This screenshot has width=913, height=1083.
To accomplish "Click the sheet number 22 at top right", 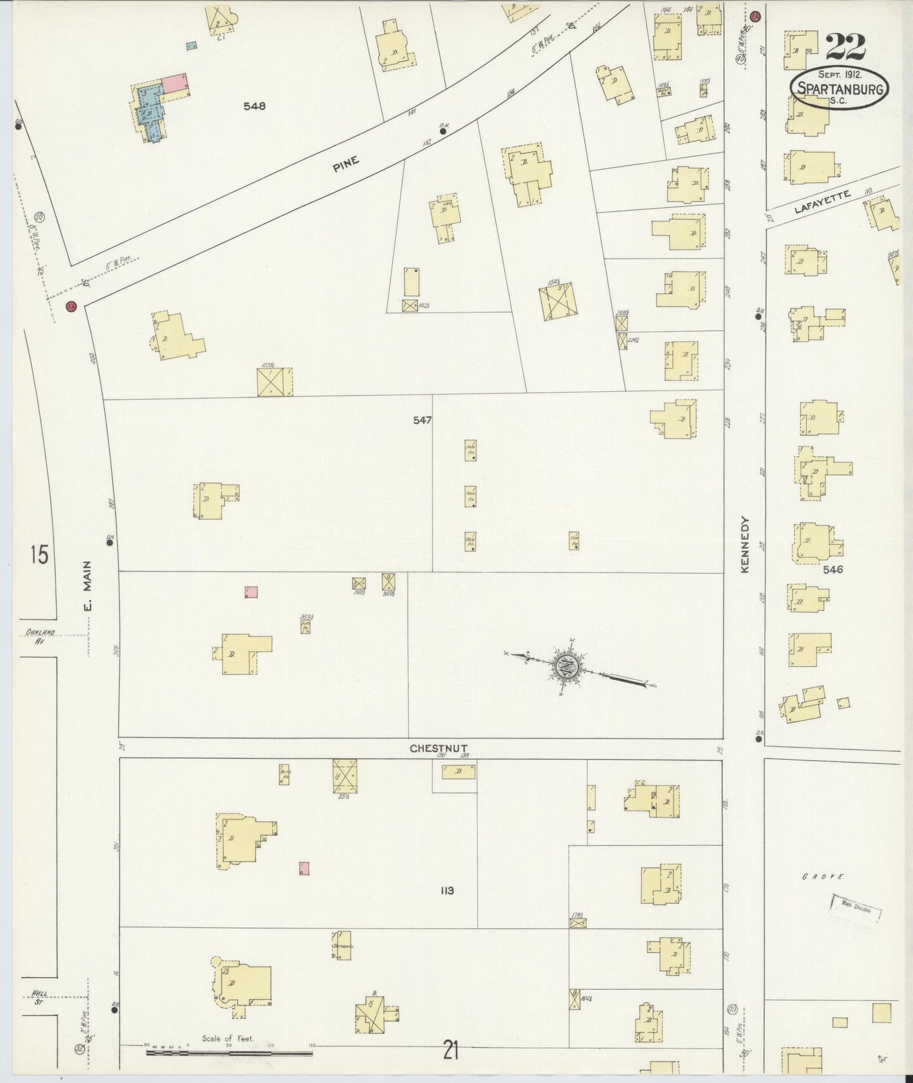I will coord(845,47).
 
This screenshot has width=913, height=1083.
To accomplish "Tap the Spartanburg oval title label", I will coord(839,89).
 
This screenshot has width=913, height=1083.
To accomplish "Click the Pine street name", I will coord(346,164).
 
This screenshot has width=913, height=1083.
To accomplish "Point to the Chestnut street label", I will coord(438,748).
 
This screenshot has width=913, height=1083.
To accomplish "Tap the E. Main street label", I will coord(87,584).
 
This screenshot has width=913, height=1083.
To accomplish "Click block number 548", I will coord(255,106).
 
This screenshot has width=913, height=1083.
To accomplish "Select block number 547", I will coord(422,420).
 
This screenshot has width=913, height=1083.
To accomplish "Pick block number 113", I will coord(447,891).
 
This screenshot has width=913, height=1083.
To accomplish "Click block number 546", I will coord(833,569).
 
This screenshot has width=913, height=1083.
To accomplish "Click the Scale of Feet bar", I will coord(229,1052).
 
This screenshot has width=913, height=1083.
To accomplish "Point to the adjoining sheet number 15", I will coord(39,555).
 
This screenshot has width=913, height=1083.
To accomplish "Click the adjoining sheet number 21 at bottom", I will coord(450,1050).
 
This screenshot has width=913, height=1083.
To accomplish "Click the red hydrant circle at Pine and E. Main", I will coord(71,306).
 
